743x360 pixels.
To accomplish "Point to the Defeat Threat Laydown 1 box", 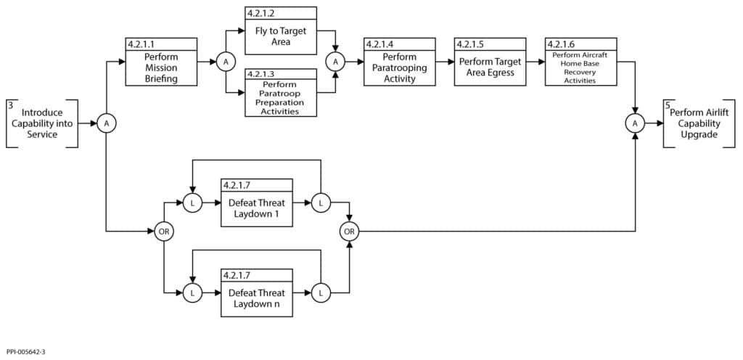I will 257,204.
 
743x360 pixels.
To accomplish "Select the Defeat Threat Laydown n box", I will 257,293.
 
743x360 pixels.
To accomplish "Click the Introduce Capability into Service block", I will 42,123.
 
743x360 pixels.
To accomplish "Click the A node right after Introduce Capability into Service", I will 107,124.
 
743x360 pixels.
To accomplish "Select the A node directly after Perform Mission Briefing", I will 226,62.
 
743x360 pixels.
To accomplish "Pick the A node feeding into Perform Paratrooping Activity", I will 335,62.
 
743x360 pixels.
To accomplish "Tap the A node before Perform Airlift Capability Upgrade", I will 636,124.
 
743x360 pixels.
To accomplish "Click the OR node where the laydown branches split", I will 164,232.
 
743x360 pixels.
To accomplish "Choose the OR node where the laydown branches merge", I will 350,232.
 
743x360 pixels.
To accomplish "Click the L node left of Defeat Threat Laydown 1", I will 192,204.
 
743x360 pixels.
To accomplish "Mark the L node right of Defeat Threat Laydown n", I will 321,293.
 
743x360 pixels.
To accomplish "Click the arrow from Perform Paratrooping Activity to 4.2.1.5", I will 445,62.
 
